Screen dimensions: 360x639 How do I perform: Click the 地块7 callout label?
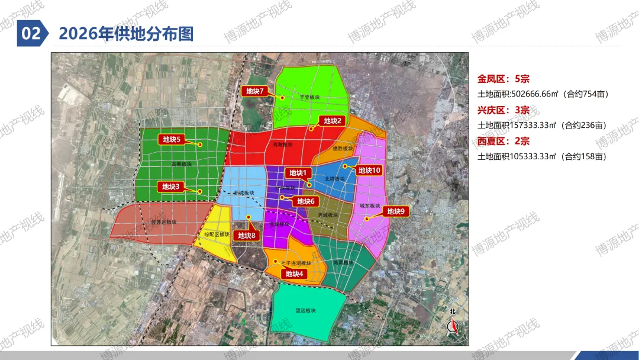(x=255, y=91)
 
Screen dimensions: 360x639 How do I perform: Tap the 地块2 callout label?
(x=331, y=121)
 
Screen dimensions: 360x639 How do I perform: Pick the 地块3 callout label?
(x=170, y=187)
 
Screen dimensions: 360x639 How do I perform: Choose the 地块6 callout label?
(x=306, y=201)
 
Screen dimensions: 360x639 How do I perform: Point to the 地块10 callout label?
(x=369, y=171)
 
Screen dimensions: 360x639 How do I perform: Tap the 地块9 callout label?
(x=396, y=211)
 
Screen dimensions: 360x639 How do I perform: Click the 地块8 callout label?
(x=247, y=236)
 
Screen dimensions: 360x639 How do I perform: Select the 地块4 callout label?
(x=294, y=274)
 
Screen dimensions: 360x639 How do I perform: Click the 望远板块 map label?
(x=306, y=310)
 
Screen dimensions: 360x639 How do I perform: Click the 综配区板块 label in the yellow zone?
(x=217, y=234)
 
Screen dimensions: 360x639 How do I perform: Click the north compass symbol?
(x=453, y=324)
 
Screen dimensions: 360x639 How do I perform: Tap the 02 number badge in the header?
(x=31, y=33)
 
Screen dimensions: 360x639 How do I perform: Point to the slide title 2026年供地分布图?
(x=126, y=33)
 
